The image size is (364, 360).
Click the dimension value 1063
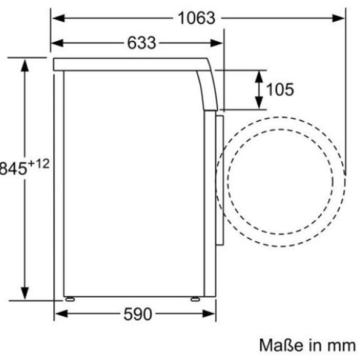196,18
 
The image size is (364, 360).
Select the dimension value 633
141,43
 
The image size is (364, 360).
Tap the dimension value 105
280,90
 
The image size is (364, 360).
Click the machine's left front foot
70,299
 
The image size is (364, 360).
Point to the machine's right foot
195,299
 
